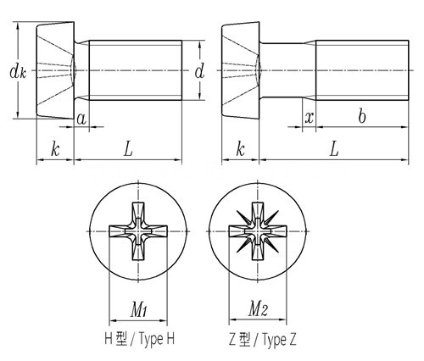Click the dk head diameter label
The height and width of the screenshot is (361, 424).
coord(18,72)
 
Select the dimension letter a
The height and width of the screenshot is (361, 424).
coord(81,119)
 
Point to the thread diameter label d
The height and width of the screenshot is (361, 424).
coord(199,71)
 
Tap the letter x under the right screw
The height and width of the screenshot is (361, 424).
coord(310,118)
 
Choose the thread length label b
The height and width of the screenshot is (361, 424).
coord(361,116)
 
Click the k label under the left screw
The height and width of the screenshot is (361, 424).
coord(55,149)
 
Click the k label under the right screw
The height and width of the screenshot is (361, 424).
coord(240,149)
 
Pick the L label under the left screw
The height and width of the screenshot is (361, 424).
coord(128,149)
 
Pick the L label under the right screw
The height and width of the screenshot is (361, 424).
coord(334,149)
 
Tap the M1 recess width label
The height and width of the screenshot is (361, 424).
coord(138,309)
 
